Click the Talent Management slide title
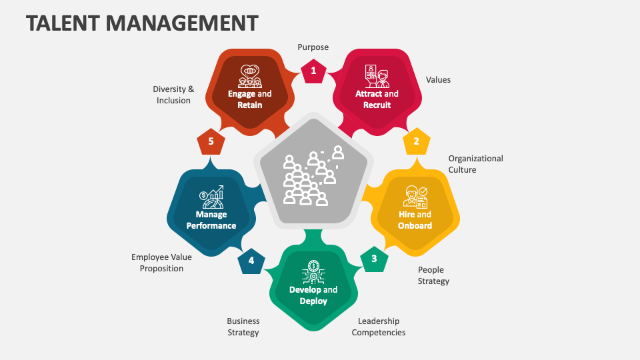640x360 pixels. click(142, 23)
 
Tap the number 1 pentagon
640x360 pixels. click(313, 71)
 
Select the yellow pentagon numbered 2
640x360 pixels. click(416, 141)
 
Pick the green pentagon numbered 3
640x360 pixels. click(374, 259)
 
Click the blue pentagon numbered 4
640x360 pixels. click(251, 261)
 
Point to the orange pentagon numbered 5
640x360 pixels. click(211, 141)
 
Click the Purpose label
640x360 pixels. click(313, 47)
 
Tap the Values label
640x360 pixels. click(438, 80)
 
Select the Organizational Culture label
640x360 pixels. click(475, 164)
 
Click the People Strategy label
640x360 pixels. click(433, 275)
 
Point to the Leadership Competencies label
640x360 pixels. click(378, 327)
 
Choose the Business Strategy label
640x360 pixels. click(243, 327)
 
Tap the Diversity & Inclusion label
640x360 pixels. click(173, 95)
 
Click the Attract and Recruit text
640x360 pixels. click(377, 99)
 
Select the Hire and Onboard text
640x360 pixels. click(415, 220)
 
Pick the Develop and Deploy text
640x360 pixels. click(313, 295)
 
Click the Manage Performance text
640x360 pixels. click(211, 220)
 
